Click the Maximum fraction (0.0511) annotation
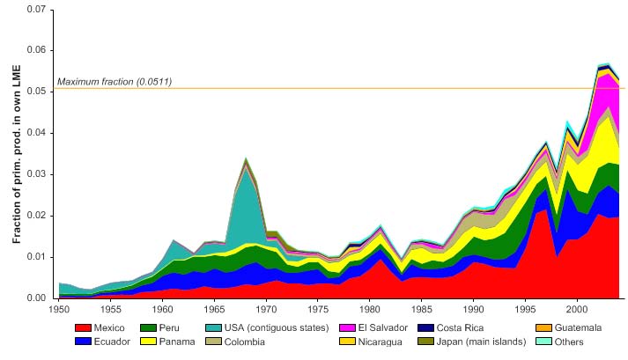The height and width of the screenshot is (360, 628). pyautogui.click(x=115, y=83)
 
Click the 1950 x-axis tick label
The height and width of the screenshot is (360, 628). pyautogui.click(x=59, y=310)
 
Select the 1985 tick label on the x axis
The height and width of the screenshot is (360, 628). pyautogui.click(x=422, y=310)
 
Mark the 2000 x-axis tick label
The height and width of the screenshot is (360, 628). pyautogui.click(x=577, y=310)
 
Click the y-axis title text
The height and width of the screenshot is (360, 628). pyautogui.click(x=17, y=153)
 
